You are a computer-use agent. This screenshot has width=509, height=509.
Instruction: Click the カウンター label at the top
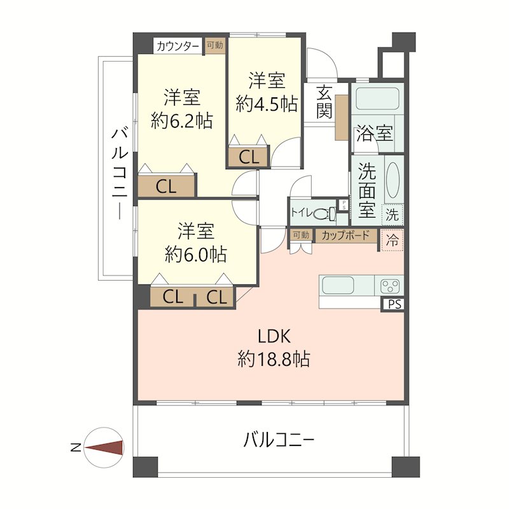click(x=178, y=46)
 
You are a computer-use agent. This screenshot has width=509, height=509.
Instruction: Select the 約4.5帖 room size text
click(x=267, y=104)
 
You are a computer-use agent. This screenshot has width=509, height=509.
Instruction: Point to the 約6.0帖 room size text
click(x=195, y=254)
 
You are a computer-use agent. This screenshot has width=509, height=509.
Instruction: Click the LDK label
click(x=274, y=335)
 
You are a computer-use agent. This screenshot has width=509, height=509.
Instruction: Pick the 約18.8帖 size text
click(x=274, y=359)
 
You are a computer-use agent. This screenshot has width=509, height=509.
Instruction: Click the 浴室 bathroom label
click(x=374, y=134)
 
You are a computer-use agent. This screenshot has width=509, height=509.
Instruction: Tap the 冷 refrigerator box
click(x=393, y=241)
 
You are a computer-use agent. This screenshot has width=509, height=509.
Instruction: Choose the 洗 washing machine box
click(x=393, y=214)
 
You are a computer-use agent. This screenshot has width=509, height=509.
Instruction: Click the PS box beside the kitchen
click(x=394, y=305)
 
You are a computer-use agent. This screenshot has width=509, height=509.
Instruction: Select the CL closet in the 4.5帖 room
click(x=249, y=157)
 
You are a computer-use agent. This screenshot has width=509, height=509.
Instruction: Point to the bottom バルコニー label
click(x=279, y=439)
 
